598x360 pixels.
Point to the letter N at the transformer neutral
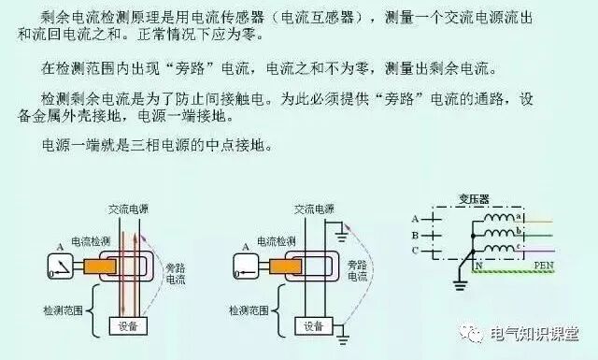[482, 266]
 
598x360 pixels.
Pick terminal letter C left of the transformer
[414, 250]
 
